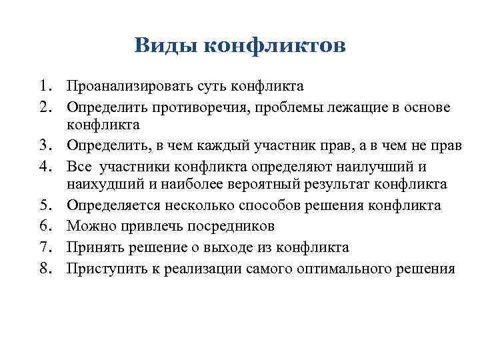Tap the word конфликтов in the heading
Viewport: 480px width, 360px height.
coord(273,47)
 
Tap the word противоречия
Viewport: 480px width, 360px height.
coord(199,108)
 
